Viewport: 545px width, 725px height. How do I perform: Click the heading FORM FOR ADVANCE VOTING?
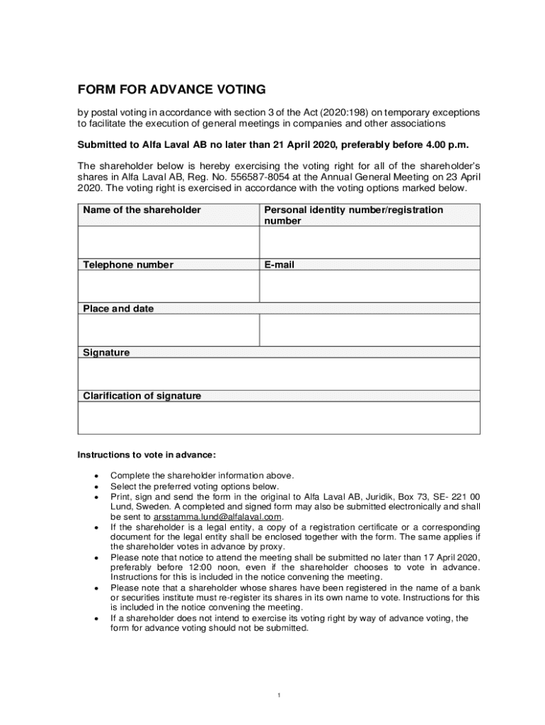coord(171,89)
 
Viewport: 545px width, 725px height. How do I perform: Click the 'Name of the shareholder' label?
coord(142,210)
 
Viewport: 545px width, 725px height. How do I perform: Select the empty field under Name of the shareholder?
coord(168,242)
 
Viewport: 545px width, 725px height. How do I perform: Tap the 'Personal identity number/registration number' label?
coord(354,215)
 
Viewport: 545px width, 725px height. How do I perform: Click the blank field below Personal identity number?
coord(369,242)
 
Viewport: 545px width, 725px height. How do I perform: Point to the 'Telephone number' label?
coord(128,265)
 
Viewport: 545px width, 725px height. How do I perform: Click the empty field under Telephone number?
coord(168,287)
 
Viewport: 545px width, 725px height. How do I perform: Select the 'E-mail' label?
coord(280,265)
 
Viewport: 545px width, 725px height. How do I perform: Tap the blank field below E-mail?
coord(369,287)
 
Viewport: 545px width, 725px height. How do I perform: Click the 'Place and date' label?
coord(118,309)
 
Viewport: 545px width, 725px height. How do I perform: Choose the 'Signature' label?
coord(106,352)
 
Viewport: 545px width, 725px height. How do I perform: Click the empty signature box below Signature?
coord(278,373)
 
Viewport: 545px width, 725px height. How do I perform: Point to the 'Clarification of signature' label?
coord(142,396)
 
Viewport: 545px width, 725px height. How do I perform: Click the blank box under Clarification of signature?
coord(278,418)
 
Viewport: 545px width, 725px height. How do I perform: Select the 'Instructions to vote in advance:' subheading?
coord(146,454)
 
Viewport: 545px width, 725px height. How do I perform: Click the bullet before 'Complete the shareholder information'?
coord(96,476)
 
